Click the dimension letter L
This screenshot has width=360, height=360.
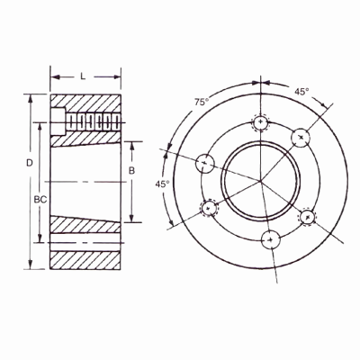coord(82,76)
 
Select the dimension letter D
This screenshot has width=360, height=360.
coord(29,162)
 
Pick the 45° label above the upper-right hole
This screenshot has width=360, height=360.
coord(301,91)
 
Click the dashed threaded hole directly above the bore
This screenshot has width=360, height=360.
coord(260,121)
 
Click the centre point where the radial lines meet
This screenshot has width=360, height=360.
coord(261,180)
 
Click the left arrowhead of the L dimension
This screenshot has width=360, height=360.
coord(53,76)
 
